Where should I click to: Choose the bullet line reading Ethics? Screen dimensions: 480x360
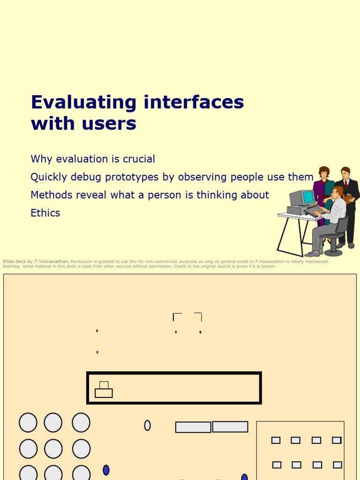(45, 213)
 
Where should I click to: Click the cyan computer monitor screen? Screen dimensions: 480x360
(308, 197)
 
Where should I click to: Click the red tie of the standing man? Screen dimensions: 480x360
(346, 184)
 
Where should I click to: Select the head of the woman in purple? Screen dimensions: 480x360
(324, 172)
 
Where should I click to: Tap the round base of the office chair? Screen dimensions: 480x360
(333, 252)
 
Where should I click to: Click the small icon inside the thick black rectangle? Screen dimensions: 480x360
(104, 390)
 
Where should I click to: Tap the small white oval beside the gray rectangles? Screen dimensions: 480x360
(147, 425)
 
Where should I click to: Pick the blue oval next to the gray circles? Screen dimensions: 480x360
(106, 470)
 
